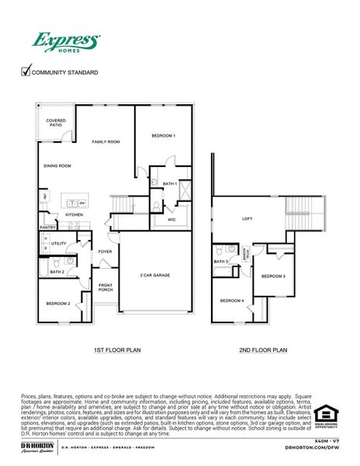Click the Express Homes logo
[x=65, y=42]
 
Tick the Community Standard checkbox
[x=26, y=72]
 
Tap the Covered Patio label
[x=56, y=123]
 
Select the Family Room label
[x=106, y=142]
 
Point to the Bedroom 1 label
[x=163, y=136]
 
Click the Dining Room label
[x=57, y=165]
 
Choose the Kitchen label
[x=74, y=214]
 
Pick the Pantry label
[x=48, y=228]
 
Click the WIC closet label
[x=172, y=220]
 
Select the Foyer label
[x=105, y=252]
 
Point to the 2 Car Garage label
[x=155, y=275]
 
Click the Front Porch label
[x=106, y=287]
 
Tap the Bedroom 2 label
[x=58, y=303]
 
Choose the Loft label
[x=247, y=219]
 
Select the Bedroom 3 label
[x=273, y=276]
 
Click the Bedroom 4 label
[x=231, y=301]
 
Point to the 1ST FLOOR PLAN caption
[x=116, y=350]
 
